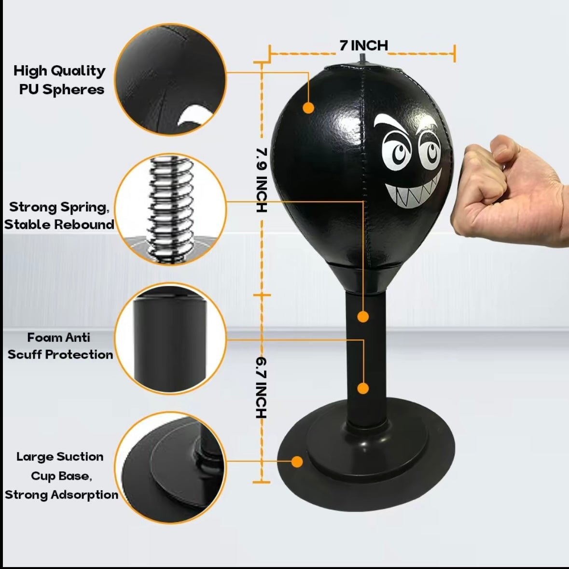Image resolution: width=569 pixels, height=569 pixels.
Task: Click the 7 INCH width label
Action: click(363, 45)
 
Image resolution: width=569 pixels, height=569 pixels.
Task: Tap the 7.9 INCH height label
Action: click(261, 180)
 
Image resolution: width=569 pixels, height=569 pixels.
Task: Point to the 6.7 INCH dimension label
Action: click(261, 387)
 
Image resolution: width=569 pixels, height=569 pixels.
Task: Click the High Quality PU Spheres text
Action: click(59, 80)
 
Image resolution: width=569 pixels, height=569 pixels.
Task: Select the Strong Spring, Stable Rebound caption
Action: click(59, 215)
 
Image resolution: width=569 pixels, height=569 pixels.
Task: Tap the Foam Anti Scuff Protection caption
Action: click(60, 346)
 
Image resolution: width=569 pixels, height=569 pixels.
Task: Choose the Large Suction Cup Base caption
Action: click(61, 475)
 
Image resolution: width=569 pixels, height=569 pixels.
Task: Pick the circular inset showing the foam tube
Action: click(170, 338)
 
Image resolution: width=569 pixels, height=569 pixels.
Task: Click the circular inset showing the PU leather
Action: click(170, 80)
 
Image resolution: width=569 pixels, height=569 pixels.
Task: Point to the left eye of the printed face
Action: click(397, 151)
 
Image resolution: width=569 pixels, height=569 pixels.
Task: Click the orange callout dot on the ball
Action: click(308, 108)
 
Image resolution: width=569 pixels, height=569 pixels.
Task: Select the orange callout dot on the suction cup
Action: click(297, 462)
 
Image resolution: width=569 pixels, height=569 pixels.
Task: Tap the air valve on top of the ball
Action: click(362, 59)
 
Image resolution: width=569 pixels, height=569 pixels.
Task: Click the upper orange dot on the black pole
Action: click(363, 317)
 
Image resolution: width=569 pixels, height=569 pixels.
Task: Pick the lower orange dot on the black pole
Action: click(363, 388)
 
